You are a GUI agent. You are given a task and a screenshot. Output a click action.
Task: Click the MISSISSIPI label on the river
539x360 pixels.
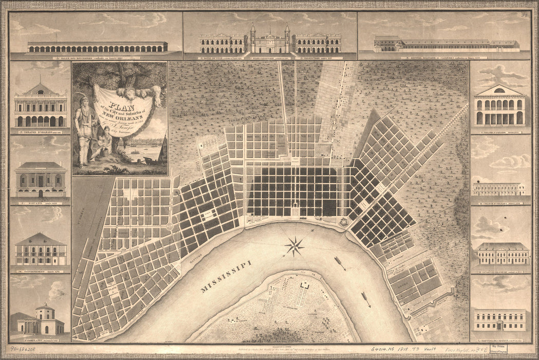(226, 277)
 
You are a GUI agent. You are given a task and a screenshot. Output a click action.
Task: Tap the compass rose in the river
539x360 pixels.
(294, 246)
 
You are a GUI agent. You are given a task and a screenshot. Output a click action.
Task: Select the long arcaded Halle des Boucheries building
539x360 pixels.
(97, 47)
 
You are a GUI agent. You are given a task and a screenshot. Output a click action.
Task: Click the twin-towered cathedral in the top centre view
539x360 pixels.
(269, 41)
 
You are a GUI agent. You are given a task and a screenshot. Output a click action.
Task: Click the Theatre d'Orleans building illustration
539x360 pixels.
(41, 108)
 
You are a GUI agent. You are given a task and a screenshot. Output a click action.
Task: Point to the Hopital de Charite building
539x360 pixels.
(499, 319)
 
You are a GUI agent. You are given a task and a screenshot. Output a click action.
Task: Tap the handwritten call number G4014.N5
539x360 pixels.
(383, 348)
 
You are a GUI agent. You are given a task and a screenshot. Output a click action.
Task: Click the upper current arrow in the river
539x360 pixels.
(340, 263)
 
